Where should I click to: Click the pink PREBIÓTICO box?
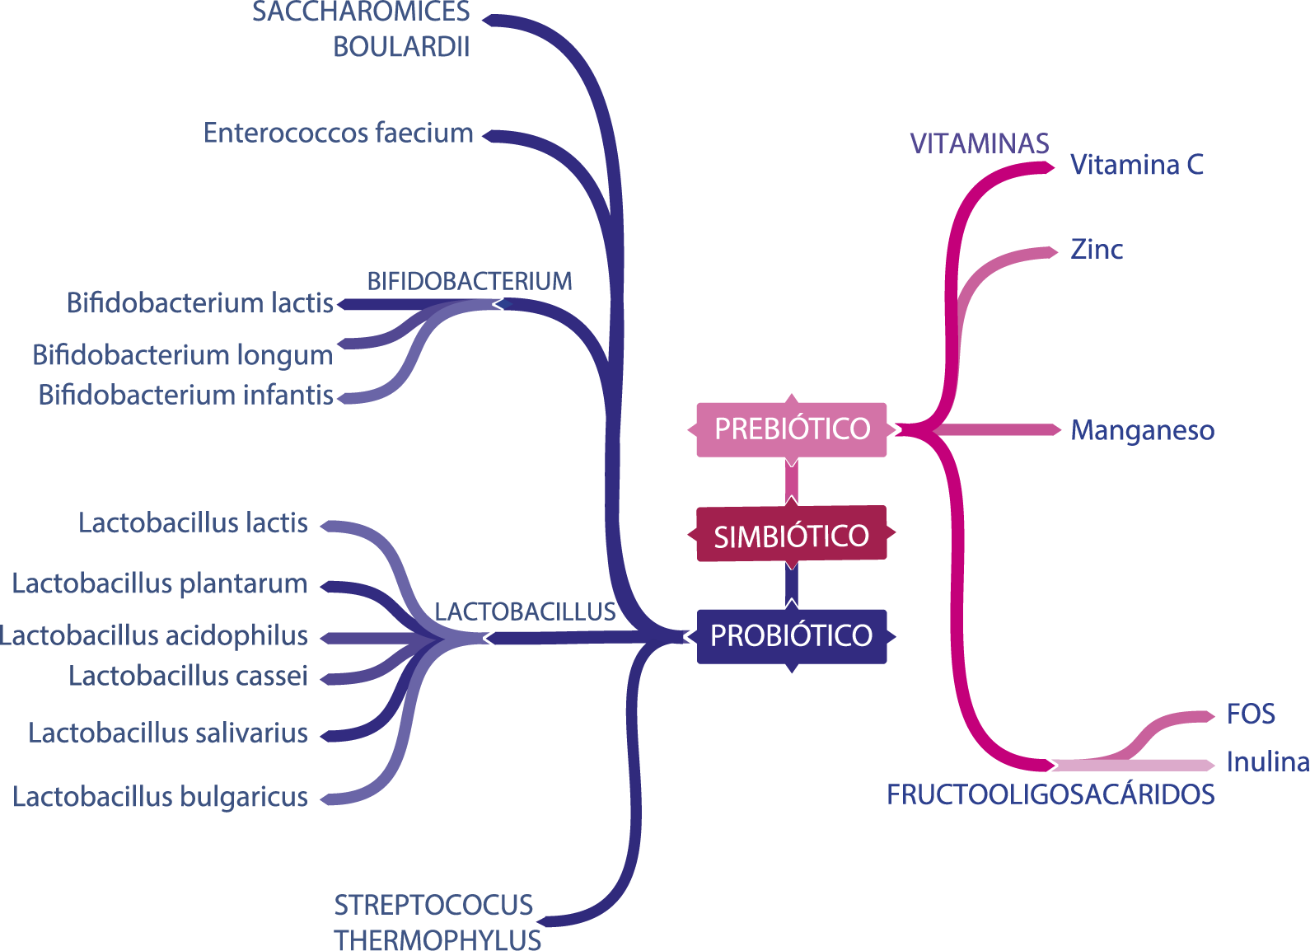coord(792,429)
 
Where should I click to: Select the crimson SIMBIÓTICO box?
coord(792,536)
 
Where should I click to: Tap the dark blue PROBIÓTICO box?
coord(792,635)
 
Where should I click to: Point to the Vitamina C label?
coord(1137,166)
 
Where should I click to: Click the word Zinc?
coord(1097,250)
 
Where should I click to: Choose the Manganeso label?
coord(1142,430)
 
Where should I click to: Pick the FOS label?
coord(1251,714)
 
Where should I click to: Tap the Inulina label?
coord(1267,762)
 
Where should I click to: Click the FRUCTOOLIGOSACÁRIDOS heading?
coord(1050,795)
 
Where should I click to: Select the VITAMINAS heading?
coord(980,144)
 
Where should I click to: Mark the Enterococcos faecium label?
coord(339,134)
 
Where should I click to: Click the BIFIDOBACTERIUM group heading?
coord(470,282)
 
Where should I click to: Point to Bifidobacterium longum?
coord(183,355)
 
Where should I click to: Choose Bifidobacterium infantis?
coord(186,396)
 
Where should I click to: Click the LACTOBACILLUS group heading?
coord(526,612)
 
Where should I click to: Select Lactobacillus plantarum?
coord(160,584)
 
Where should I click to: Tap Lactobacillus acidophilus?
coord(154,636)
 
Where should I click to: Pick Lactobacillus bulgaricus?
coord(161,798)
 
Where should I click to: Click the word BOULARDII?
coord(401,48)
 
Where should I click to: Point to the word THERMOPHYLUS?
coord(437,939)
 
